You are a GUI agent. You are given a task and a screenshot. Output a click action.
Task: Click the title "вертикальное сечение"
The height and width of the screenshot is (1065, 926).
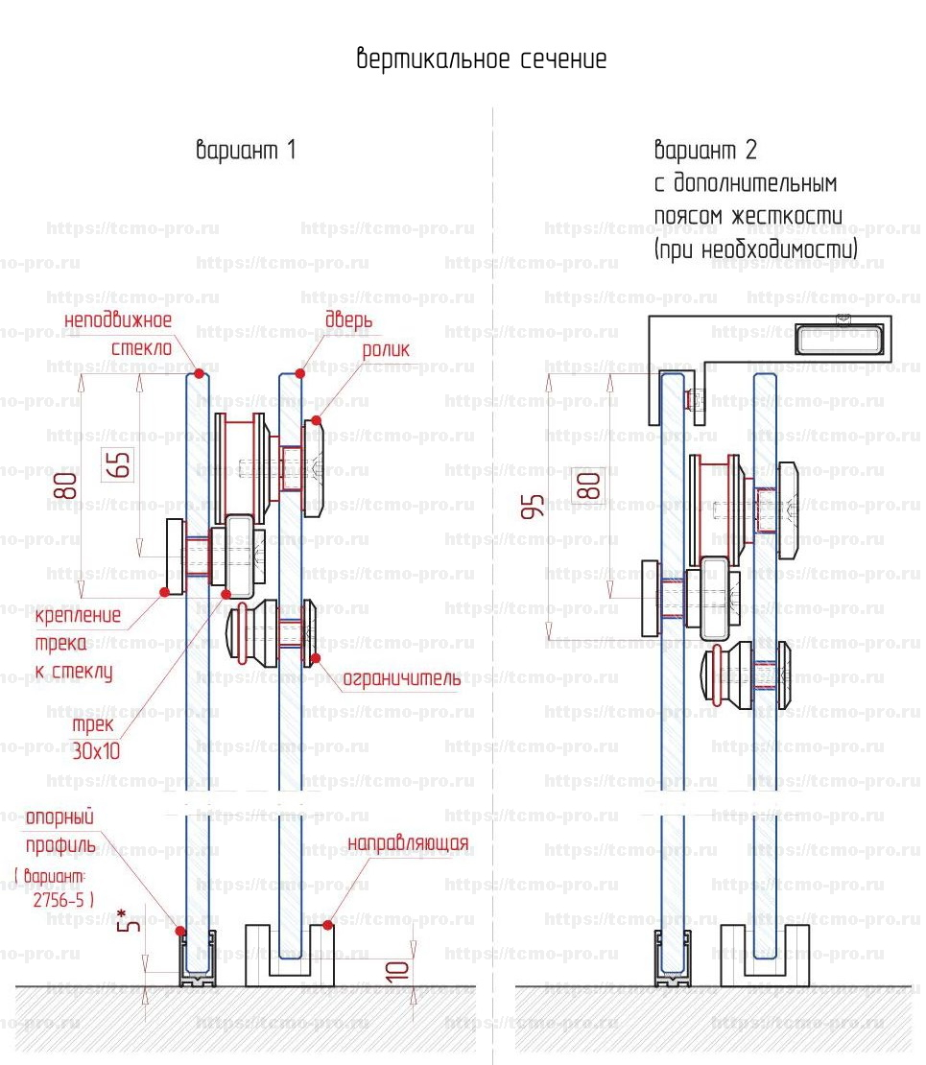482,59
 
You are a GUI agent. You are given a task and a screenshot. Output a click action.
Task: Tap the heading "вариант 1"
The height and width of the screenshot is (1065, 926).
246,151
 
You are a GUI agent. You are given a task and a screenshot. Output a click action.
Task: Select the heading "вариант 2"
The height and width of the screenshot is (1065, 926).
705,151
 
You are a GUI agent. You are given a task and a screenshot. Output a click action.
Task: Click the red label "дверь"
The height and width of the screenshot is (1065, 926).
349,320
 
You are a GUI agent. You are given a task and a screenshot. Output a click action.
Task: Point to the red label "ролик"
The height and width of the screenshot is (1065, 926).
385,350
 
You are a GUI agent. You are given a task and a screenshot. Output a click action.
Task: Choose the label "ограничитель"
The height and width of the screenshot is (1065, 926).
402,679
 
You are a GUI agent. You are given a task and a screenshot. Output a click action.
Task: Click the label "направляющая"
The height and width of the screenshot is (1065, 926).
408,844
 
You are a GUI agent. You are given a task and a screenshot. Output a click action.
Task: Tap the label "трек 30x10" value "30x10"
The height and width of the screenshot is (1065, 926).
96,751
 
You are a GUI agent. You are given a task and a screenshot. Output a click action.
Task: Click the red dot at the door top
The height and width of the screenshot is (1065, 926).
300,373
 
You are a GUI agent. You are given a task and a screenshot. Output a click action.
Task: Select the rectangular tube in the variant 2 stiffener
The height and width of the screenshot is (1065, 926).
839,339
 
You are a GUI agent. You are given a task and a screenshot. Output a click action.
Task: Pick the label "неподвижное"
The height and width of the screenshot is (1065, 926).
118,319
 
